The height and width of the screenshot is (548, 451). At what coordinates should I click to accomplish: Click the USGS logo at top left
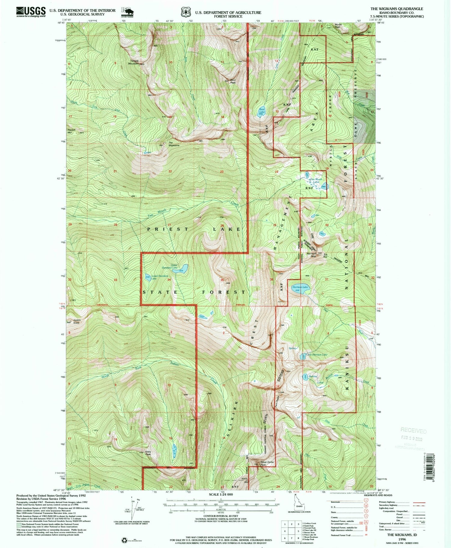pos(31,12)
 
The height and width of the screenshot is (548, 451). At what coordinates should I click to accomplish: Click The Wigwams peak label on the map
pos(173,144)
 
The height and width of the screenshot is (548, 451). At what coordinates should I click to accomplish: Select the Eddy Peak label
pos(148,453)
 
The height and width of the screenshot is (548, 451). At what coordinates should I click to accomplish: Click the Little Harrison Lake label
pos(316,355)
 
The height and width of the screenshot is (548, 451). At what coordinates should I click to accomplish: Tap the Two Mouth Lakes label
pos(316,180)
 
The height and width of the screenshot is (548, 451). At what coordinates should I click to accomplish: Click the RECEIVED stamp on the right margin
pos(413,431)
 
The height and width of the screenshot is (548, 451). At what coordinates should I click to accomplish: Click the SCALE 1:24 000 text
pos(221,494)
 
